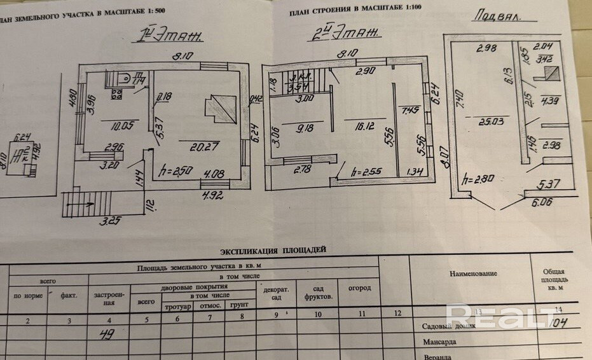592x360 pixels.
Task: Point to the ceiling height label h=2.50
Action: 175,171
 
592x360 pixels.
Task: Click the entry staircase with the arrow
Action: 86,205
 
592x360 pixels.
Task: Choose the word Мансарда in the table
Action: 442,342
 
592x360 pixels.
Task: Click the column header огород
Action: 359,288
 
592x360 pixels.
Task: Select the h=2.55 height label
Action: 366,170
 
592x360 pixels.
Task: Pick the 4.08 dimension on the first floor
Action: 213,171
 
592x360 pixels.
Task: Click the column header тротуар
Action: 179,307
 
